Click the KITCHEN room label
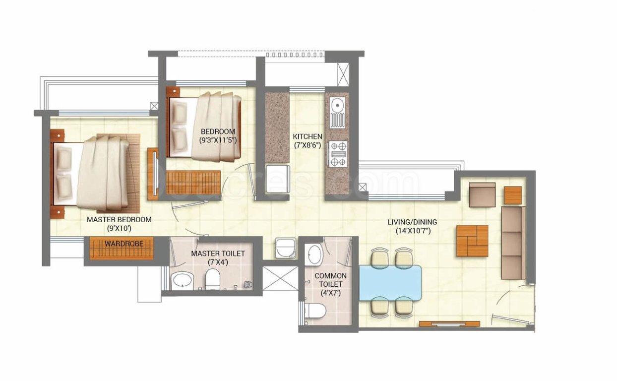(x=308, y=136)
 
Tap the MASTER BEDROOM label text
(x=119, y=219)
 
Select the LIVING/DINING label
(x=412, y=222)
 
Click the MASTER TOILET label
(x=218, y=254)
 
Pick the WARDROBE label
(x=123, y=244)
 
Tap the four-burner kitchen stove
(x=338, y=154)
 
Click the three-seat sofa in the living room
(x=513, y=243)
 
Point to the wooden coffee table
(x=472, y=241)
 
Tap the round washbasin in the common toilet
(x=314, y=255)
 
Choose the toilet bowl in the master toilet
(x=213, y=280)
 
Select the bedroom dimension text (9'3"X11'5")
(x=218, y=140)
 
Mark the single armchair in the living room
(x=482, y=194)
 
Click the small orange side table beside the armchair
(x=513, y=195)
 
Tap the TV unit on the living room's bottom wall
(x=449, y=324)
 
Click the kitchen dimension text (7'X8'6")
(x=308, y=145)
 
